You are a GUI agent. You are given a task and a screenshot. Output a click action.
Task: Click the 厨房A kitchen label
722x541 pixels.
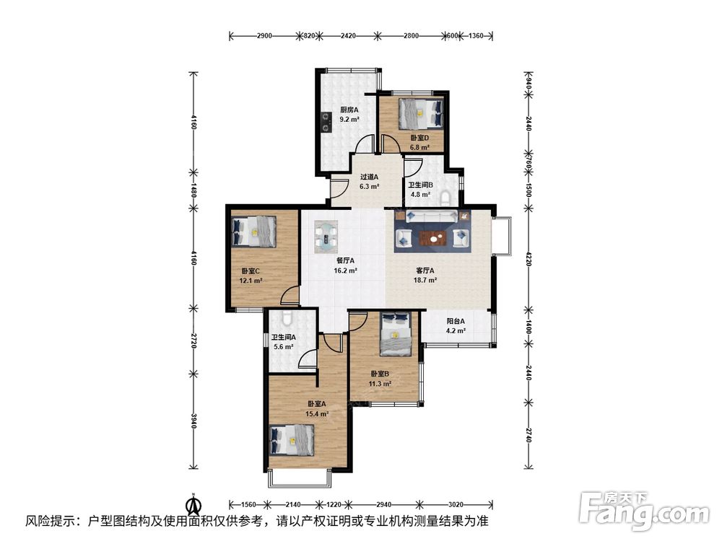(349, 110)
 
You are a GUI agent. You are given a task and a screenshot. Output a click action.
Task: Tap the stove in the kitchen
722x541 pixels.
(327, 121)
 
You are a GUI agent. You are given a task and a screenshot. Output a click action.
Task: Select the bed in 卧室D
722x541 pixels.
(420, 114)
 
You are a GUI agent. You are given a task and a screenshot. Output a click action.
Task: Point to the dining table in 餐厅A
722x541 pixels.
(326, 236)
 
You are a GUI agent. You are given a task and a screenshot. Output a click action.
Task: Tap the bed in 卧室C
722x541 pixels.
(254, 232)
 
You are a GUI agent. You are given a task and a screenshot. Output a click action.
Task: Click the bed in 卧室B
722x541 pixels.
(396, 333)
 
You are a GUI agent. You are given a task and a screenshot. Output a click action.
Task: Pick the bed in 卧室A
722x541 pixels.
(292, 440)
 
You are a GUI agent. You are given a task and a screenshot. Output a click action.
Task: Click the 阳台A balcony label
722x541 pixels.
(456, 321)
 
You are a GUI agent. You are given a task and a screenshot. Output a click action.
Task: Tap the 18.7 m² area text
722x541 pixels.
(425, 280)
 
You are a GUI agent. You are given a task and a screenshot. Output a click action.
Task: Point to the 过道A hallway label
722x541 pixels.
(369, 177)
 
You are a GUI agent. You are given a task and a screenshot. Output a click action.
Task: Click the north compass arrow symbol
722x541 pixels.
(193, 505)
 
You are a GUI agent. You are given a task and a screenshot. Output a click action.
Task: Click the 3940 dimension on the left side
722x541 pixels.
(193, 421)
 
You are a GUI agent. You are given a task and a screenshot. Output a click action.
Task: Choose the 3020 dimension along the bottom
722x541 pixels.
(456, 505)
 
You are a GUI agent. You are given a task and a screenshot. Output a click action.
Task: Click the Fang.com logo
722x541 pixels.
(644, 510)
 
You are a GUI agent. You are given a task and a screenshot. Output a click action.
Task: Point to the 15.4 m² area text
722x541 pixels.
(317, 413)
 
